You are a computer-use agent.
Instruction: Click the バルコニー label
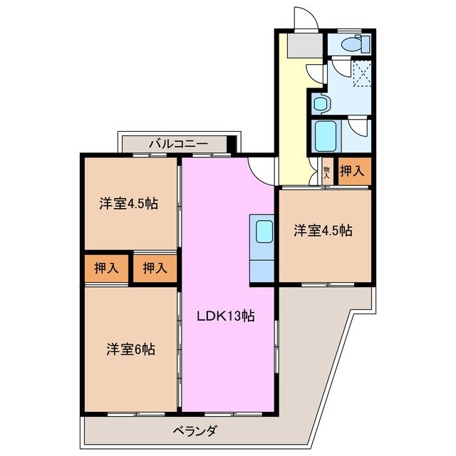pos(177,144)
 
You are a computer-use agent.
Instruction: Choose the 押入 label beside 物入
pos(351,171)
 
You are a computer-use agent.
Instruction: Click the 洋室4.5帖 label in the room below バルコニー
pos(128,204)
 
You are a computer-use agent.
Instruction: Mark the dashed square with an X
pos(363,73)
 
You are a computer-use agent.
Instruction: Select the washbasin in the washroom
pos(319,104)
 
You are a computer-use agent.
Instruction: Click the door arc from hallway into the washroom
pos(314,73)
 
